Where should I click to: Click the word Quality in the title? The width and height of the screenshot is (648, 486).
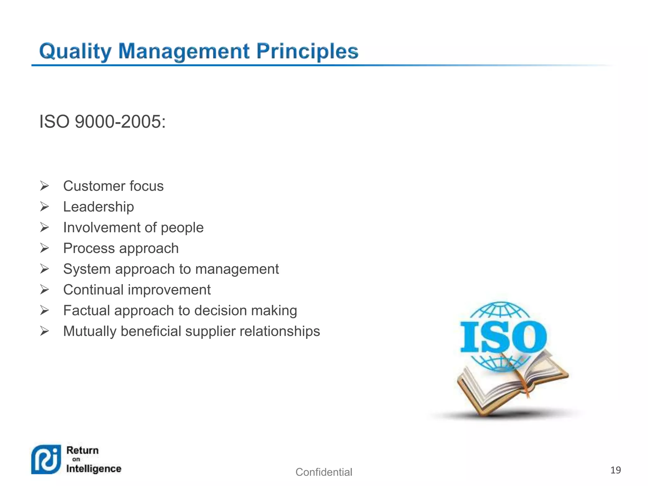tap(75, 52)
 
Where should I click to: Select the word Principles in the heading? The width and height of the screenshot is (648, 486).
tap(307, 52)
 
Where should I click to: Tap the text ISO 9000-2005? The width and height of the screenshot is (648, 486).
tap(102, 121)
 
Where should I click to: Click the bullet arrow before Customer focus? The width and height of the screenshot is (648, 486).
tap(45, 186)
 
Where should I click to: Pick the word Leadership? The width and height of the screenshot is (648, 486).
tap(98, 207)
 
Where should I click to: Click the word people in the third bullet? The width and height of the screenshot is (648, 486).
tap(182, 228)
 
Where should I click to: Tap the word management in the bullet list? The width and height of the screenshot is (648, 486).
tap(237, 269)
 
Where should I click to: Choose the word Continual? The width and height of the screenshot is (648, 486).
tap(93, 290)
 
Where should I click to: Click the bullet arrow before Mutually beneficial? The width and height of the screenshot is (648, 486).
tap(45, 331)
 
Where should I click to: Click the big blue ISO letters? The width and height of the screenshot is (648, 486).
tap(503, 337)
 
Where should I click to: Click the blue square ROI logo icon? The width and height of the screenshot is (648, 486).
tap(46, 459)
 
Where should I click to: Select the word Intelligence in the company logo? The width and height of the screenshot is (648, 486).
tap(94, 469)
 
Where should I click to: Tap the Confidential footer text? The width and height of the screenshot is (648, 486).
tap(324, 472)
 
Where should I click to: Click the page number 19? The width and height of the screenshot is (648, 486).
tap(615, 470)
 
